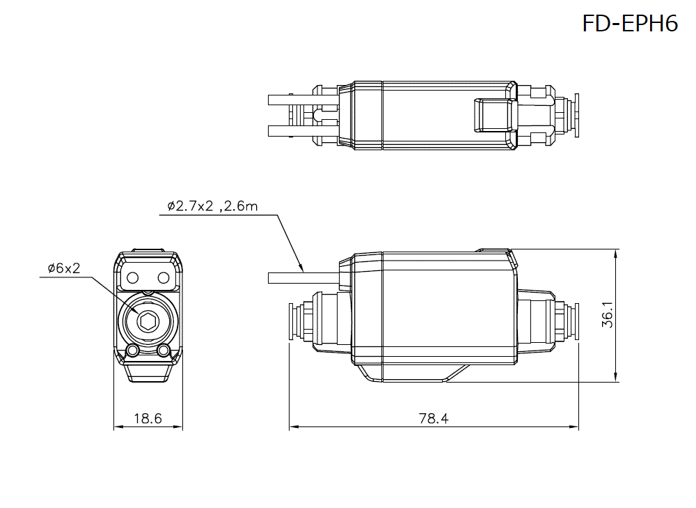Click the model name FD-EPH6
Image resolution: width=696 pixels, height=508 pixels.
[x=629, y=24]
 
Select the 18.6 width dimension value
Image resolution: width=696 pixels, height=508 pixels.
[x=148, y=418]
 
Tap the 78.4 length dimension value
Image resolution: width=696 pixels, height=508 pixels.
[x=434, y=418]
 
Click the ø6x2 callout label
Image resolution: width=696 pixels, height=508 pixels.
[x=64, y=268]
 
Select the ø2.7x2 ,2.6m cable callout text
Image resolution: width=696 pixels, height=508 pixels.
[x=212, y=206]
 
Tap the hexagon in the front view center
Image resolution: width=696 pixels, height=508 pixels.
[x=148, y=321]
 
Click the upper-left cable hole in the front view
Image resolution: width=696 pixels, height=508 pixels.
[x=132, y=277]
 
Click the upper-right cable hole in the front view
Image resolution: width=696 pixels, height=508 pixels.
[x=164, y=277]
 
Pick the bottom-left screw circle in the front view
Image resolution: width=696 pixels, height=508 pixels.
[x=132, y=350]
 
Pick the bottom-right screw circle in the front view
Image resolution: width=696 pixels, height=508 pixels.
[x=164, y=350]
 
